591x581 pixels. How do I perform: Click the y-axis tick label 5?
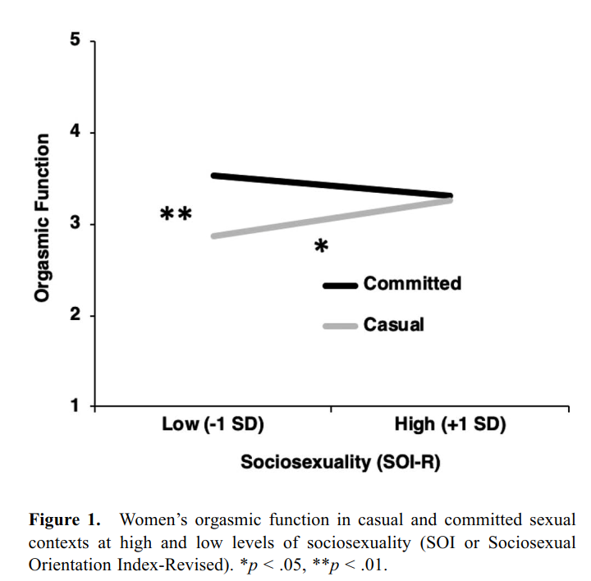[74, 41]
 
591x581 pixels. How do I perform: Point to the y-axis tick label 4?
[74, 132]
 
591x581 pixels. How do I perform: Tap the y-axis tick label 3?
[74, 224]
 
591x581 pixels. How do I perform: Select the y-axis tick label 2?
[74, 316]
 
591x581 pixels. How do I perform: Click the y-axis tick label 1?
[74, 406]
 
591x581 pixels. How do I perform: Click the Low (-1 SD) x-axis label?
[213, 424]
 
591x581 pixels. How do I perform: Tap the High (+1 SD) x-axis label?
[450, 424]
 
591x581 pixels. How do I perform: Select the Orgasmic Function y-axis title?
[42, 217]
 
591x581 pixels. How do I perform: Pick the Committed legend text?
[412, 284]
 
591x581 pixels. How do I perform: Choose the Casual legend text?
[394, 324]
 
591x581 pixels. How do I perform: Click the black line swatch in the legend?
[340, 286]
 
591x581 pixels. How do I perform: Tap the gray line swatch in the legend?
[340, 326]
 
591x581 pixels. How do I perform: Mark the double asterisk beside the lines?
[176, 215]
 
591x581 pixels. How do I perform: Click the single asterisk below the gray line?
[322, 247]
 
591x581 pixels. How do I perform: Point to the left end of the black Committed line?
[213, 176]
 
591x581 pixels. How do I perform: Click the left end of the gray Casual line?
[213, 236]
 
